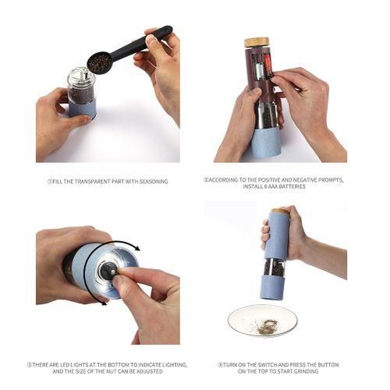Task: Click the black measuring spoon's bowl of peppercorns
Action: click(x=100, y=63)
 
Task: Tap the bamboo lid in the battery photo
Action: click(x=257, y=43)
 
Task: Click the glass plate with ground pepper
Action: click(x=262, y=321)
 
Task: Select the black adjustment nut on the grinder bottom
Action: click(x=108, y=271)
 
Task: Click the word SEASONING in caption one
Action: click(x=154, y=182)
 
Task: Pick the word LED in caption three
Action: click(x=65, y=365)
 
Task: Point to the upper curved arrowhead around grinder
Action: click(x=136, y=248)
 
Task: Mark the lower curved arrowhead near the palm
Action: click(x=105, y=303)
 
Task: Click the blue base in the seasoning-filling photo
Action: click(x=83, y=108)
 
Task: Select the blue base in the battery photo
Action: click(x=267, y=143)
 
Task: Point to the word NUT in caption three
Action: click(x=110, y=371)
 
